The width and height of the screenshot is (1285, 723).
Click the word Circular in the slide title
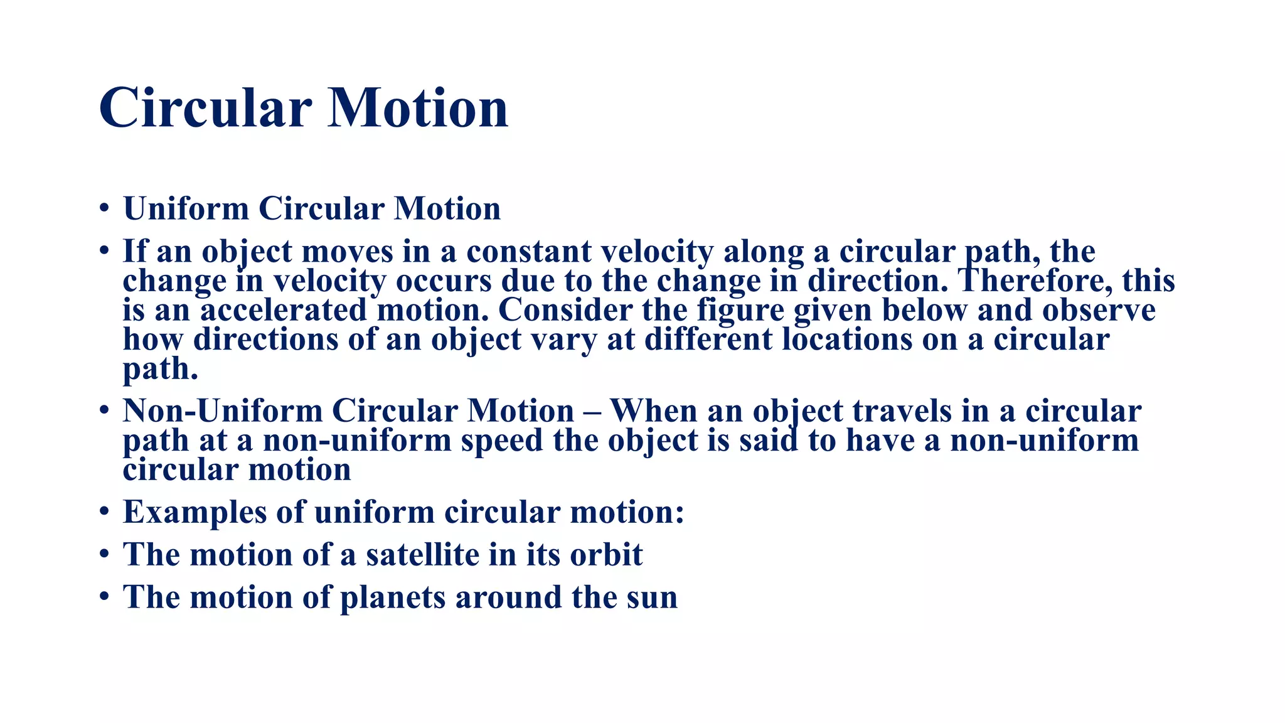tap(205, 108)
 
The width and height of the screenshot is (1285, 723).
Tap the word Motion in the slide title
tap(418, 108)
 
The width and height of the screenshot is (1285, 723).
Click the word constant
tap(528, 251)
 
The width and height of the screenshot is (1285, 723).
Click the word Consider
tap(565, 310)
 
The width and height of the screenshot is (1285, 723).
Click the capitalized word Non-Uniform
tap(222, 411)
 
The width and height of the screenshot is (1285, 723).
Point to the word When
tap(653, 411)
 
